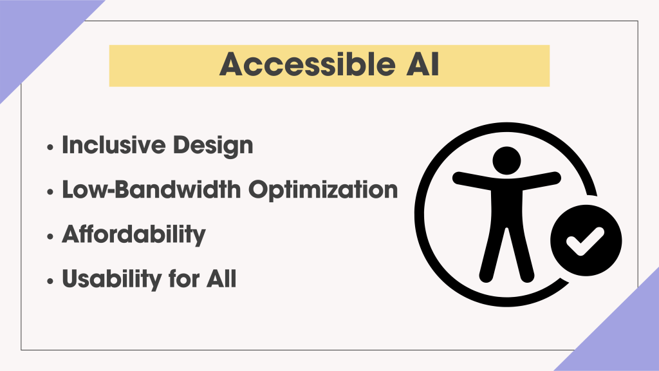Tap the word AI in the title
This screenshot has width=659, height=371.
(x=421, y=65)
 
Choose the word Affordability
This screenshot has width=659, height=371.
(x=133, y=235)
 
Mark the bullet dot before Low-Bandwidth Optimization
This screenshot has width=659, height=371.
(x=51, y=192)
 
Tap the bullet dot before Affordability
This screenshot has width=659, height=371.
(x=51, y=236)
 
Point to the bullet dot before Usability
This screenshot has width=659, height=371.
(x=51, y=281)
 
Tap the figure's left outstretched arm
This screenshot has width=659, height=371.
(x=470, y=178)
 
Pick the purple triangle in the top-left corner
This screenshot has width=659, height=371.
(x=32, y=32)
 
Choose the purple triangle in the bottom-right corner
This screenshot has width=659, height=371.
(x=624, y=335)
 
